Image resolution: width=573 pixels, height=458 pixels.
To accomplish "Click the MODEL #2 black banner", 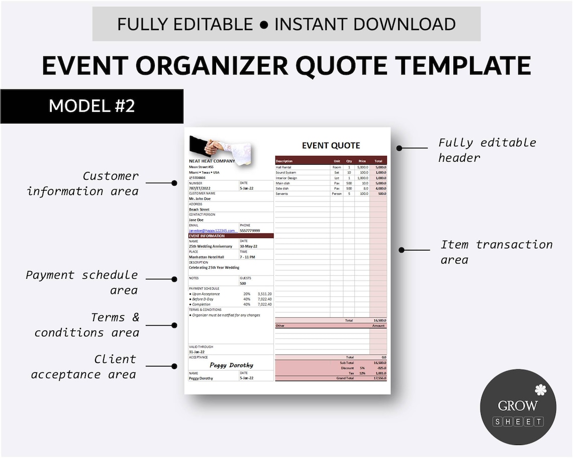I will point(92,106).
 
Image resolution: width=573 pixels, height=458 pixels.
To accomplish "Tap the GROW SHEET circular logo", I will point(518,407).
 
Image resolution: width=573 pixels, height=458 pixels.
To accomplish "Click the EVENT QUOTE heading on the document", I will point(331,146).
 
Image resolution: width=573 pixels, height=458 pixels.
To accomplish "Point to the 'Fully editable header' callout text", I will point(487,150).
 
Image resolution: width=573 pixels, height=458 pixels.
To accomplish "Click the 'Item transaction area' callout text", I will point(496,252).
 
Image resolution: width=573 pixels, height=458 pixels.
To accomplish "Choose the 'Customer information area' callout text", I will point(83,183).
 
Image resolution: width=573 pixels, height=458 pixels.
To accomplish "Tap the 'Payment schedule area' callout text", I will point(82,282).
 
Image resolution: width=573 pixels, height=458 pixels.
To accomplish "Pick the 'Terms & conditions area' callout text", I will point(87,325).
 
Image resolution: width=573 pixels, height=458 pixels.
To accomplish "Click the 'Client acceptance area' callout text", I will point(84,367).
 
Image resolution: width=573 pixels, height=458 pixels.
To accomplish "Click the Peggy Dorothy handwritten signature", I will point(231,365).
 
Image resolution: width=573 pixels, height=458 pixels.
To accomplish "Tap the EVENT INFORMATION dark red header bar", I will point(231,236).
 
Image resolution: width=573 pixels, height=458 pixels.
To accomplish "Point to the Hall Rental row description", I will point(283,167).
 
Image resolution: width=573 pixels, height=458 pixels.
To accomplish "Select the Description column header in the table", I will point(284,161).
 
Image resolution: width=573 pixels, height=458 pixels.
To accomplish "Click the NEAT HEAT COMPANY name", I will point(212,161).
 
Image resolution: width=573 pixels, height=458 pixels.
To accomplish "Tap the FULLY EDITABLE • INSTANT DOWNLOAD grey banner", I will point(286,24).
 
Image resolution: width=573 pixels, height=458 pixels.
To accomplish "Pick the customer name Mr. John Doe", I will point(200,199).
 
